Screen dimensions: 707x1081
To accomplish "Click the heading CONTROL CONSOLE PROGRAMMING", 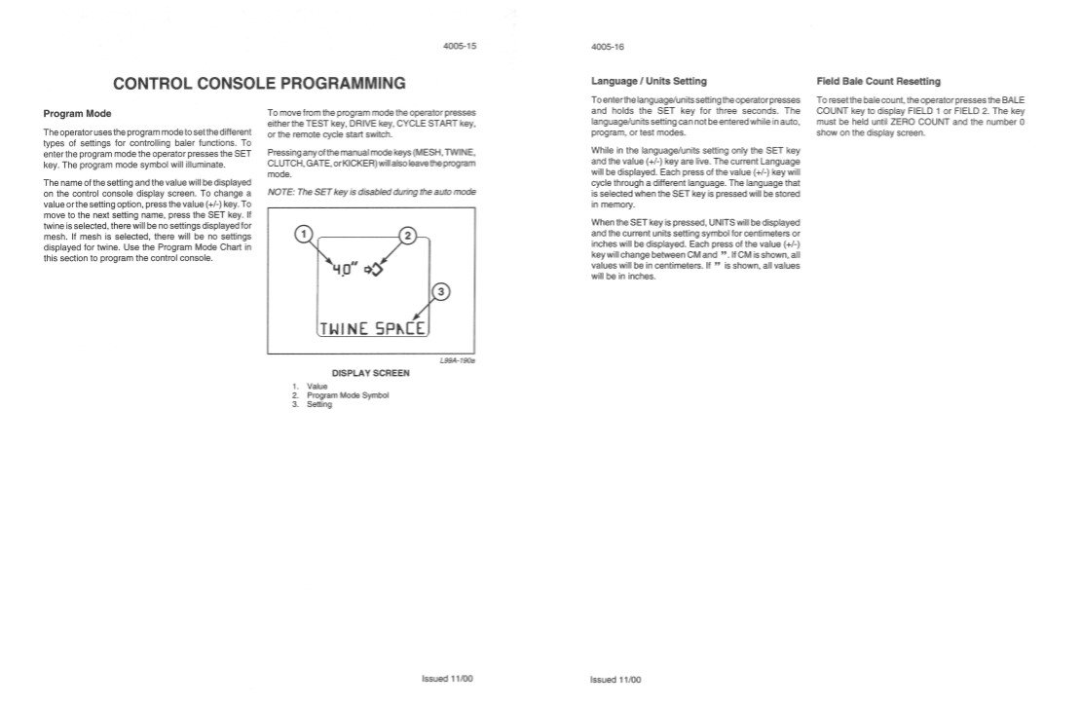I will (x=259, y=83).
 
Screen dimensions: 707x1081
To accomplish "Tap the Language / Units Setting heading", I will (x=649, y=81).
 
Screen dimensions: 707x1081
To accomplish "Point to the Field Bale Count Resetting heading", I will (x=878, y=81).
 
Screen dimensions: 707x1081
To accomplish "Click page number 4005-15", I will (x=460, y=46).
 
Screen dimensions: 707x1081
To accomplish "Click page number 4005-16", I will (x=606, y=46).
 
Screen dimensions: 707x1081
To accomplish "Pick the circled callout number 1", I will (x=304, y=235).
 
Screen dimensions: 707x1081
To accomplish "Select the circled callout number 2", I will (x=408, y=236).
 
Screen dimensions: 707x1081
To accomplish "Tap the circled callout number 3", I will (x=439, y=291).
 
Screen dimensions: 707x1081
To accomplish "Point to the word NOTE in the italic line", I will (x=280, y=192).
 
